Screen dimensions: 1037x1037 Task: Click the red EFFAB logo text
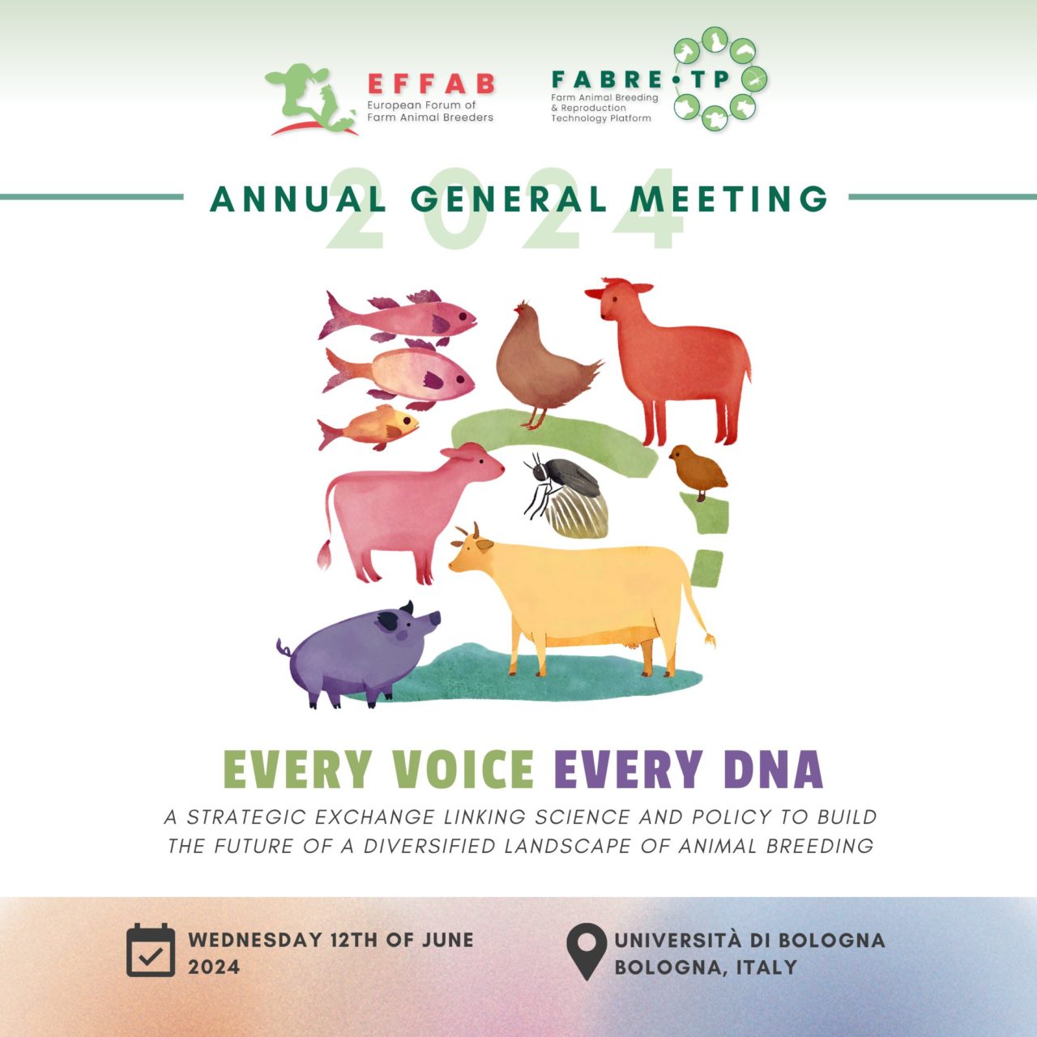[x=431, y=83]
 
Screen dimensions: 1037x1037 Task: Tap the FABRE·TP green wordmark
[x=640, y=79]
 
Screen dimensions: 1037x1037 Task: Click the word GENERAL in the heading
[x=509, y=198]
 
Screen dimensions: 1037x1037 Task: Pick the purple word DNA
[x=774, y=769]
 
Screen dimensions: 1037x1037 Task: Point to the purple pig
[x=359, y=654]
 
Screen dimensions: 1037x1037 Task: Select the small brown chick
[x=698, y=472]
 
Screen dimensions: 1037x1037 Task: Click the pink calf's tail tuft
[x=324, y=554]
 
